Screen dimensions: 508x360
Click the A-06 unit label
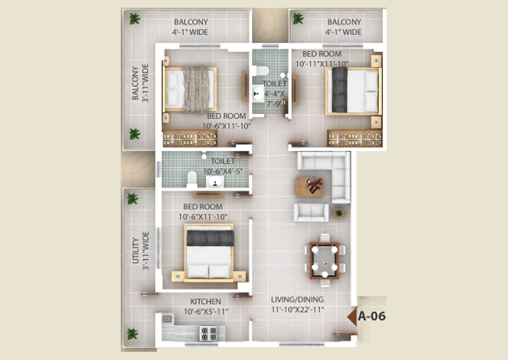[x=372, y=316]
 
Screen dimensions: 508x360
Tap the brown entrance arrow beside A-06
[x=352, y=317]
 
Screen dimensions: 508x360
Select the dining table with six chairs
[x=324, y=260]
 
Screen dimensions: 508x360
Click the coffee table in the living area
[x=309, y=187]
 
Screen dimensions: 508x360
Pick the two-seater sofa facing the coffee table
[x=311, y=213]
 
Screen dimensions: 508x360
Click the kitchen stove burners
[x=209, y=334]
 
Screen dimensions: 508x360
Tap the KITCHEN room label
[x=205, y=301]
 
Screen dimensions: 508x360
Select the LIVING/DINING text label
[x=297, y=299]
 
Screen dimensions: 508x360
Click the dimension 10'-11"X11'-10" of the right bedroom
[x=322, y=64]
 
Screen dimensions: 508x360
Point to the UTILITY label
[x=135, y=251]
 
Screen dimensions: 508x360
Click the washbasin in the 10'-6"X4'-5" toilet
[x=214, y=181]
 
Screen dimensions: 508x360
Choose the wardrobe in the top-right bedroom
[x=354, y=138]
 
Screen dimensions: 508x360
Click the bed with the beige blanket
[x=190, y=90]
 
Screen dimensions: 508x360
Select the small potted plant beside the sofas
[x=339, y=213]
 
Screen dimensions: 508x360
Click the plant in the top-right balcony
[x=298, y=18]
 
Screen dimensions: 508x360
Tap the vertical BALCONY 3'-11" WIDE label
[x=140, y=83]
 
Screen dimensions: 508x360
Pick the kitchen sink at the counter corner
[x=167, y=318]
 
